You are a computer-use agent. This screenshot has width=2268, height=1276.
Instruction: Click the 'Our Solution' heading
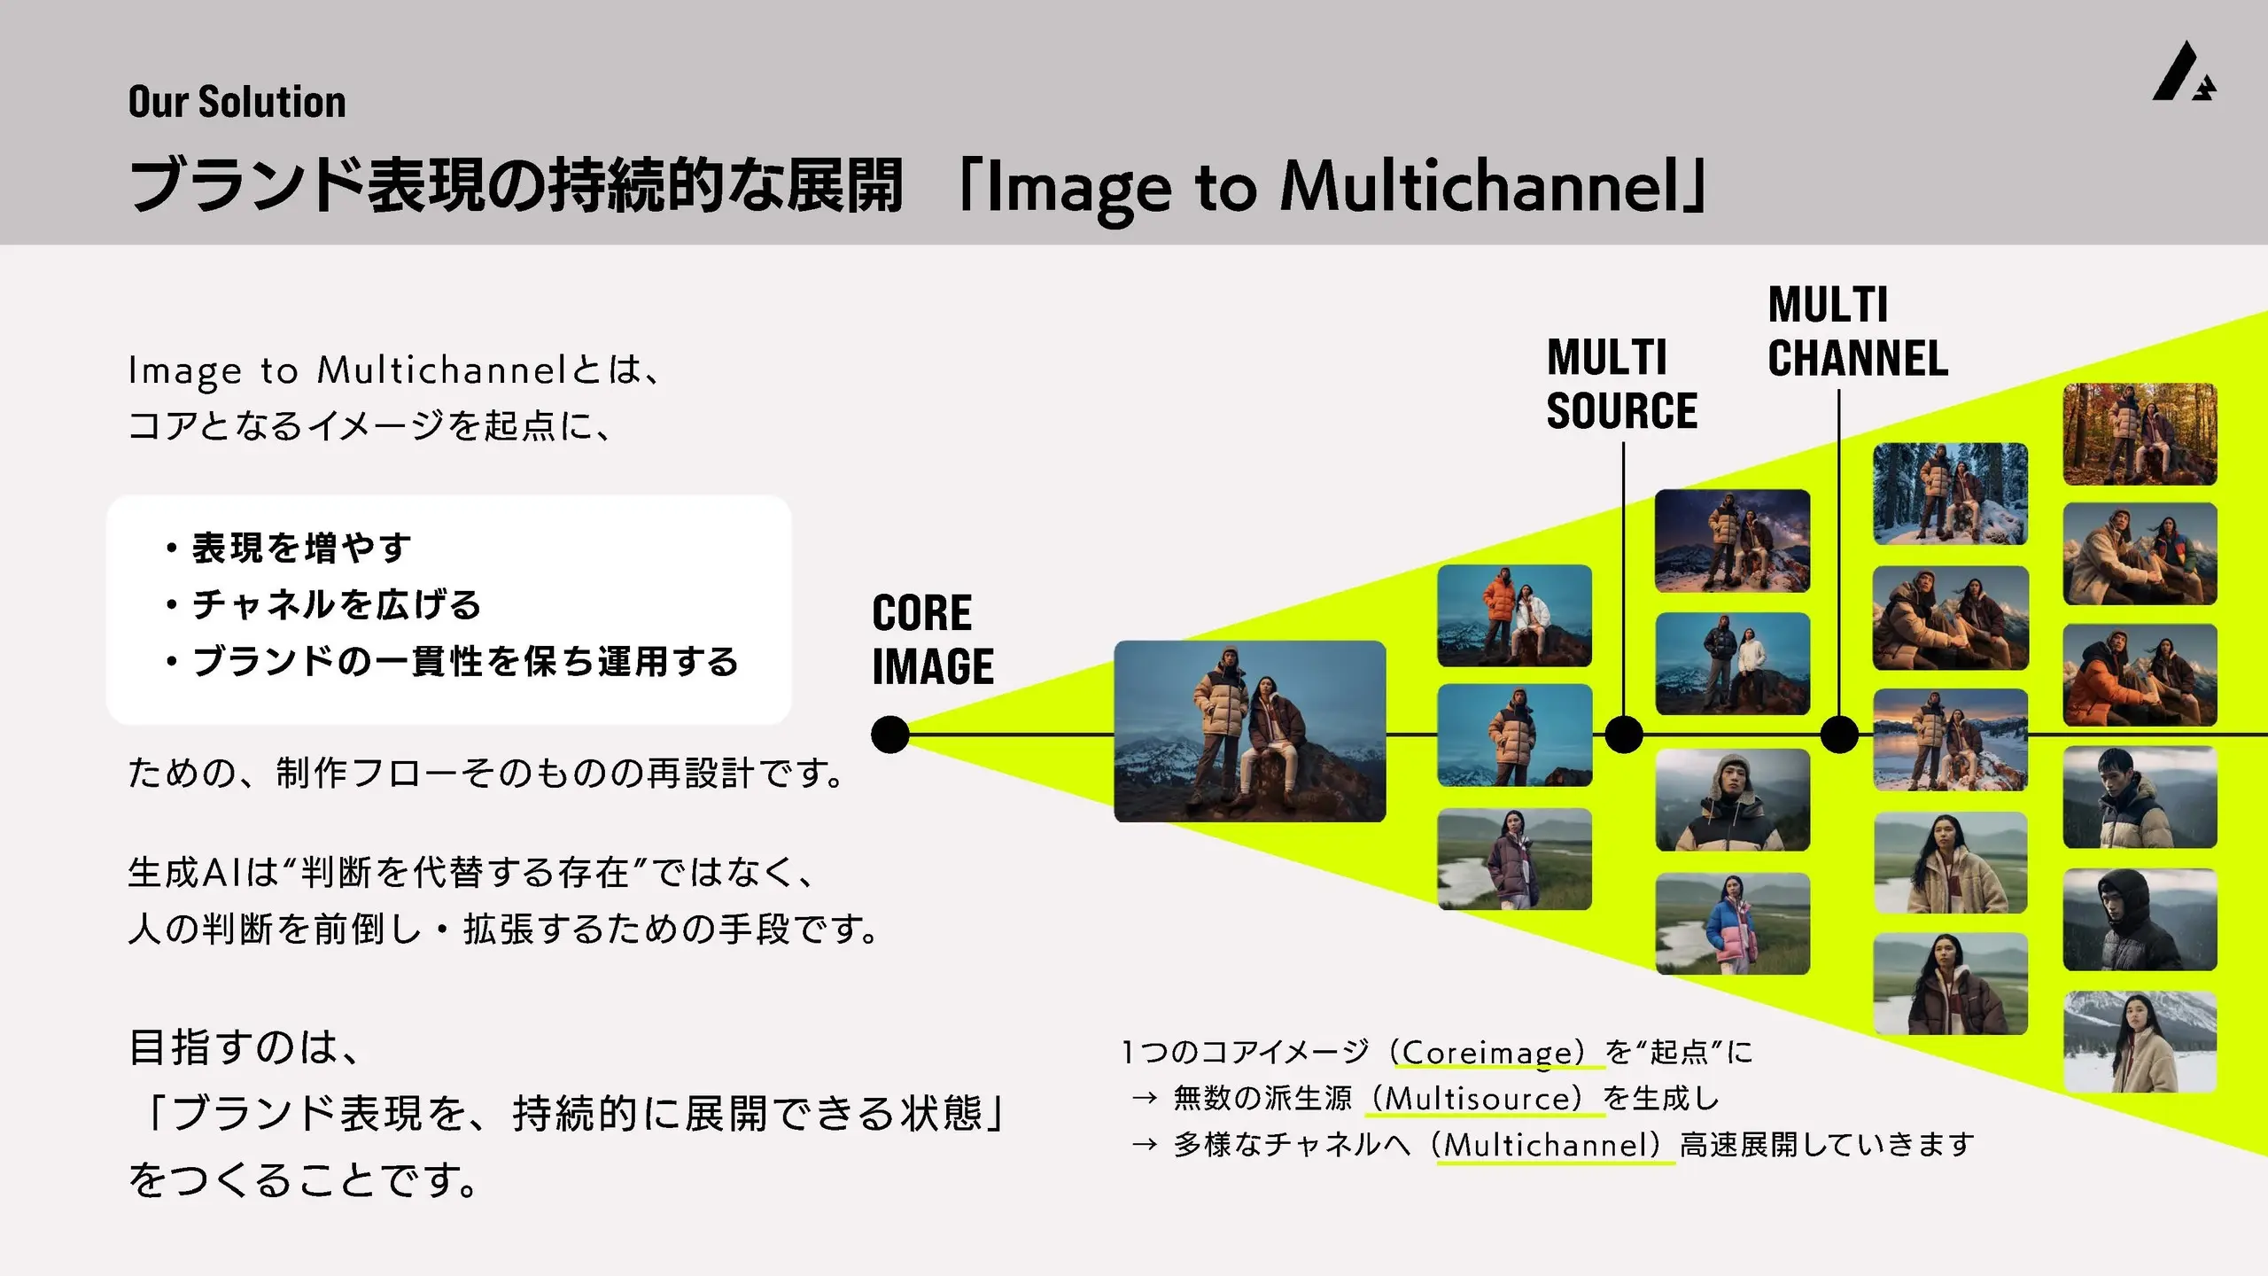pyautogui.click(x=237, y=101)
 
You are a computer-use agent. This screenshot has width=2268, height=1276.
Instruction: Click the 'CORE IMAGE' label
pyautogui.click(x=933, y=640)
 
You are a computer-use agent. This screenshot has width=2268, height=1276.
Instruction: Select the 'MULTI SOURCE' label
pyautogui.click(x=1621, y=384)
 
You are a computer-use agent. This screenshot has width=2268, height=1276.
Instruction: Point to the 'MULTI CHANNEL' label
pyautogui.click(x=1858, y=331)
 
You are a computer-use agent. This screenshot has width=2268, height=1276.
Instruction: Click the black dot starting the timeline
pyautogui.click(x=890, y=735)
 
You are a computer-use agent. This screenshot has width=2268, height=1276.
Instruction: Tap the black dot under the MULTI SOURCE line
pyautogui.click(x=1624, y=735)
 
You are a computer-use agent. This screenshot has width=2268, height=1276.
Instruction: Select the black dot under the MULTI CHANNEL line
pyautogui.click(x=1839, y=735)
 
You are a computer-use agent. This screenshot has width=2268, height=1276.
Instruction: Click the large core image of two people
pyautogui.click(x=1250, y=731)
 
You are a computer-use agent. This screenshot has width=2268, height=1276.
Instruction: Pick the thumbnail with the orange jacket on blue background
pyautogui.click(x=1514, y=615)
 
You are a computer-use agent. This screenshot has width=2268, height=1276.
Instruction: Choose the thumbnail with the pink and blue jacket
pyautogui.click(x=1732, y=923)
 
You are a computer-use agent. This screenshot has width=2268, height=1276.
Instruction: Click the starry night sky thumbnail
pyautogui.click(x=1732, y=541)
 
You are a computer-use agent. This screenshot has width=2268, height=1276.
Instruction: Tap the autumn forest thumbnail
pyautogui.click(x=2140, y=434)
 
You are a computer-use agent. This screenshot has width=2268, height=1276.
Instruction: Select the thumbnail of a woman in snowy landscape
pyautogui.click(x=2140, y=1042)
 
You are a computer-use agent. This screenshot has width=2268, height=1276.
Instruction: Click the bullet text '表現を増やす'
pyautogui.click(x=301, y=548)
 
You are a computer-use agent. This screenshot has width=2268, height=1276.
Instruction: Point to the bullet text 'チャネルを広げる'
pyautogui.click(x=337, y=604)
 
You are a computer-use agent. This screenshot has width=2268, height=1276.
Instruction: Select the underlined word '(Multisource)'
pyautogui.click(x=1485, y=1098)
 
